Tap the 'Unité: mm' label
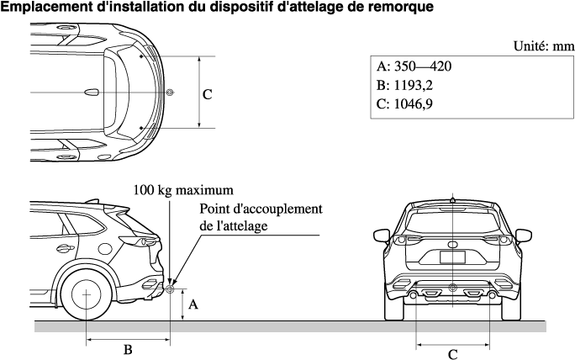coord(543,47)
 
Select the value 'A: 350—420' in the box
coord(414,67)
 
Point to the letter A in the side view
coord(193,305)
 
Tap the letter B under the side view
coord(128,349)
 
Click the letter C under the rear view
coord(452,354)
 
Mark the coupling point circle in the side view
coord(171,289)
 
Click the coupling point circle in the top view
coord(171,92)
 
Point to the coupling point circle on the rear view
coord(452,289)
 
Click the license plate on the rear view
coord(452,257)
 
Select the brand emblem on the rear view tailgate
coord(452,244)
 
